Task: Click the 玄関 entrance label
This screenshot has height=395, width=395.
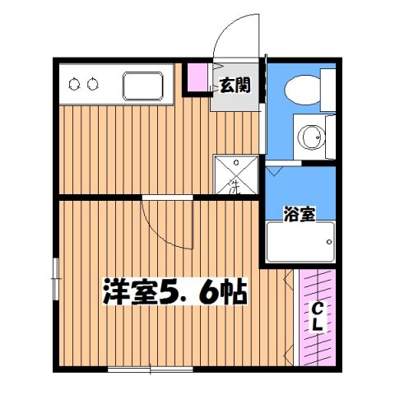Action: point(235,85)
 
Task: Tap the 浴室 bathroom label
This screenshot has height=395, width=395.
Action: point(300,214)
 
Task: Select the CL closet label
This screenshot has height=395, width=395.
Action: point(317,317)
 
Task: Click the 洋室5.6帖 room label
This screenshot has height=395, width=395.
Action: point(175,291)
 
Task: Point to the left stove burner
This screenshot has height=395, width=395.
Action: point(73,84)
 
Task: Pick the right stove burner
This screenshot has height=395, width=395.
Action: point(92,84)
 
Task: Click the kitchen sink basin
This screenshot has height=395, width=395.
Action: point(143,86)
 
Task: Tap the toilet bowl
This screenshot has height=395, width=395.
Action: point(303,90)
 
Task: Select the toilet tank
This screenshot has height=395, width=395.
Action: point(328,90)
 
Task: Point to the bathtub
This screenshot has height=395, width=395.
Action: point(300,242)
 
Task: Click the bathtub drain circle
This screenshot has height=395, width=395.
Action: point(329,242)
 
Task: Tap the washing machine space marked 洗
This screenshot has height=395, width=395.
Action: point(236,175)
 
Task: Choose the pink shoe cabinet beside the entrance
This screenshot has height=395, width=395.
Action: point(197,77)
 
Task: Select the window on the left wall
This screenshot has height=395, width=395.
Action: point(56,279)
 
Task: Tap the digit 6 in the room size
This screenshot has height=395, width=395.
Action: point(209,291)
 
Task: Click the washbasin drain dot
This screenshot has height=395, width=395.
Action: point(318,137)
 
